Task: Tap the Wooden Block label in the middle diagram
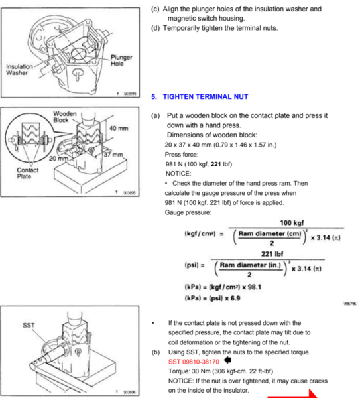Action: pos(64,118)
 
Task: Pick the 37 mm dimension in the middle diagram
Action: pos(114,155)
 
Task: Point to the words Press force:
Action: pos(181,154)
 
